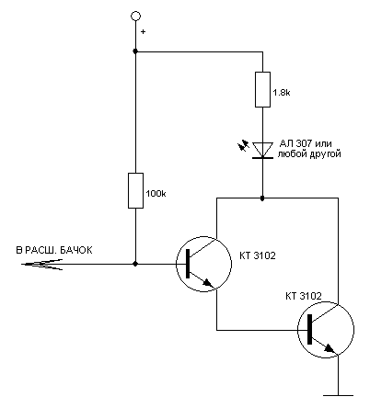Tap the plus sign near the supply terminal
143,31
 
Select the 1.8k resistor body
262,89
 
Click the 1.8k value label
282,92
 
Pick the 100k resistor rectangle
135,190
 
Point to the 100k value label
156,194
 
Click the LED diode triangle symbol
262,150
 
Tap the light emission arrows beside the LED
244,145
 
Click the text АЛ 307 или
306,143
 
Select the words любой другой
309,153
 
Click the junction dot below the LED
262,198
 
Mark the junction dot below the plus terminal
135,51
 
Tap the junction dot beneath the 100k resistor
135,264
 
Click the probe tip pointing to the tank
22,264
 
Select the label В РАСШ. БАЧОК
54,250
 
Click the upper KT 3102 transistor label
258,255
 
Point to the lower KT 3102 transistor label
304,296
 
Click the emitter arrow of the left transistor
208,283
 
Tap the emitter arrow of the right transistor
330,348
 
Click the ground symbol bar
338,395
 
